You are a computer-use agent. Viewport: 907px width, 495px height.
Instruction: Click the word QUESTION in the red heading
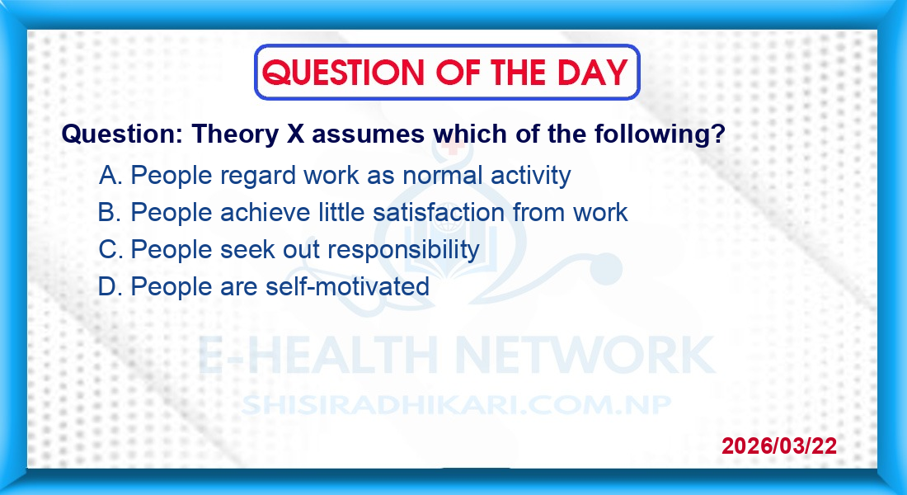343,73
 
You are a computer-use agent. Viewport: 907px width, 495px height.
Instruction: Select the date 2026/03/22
779,445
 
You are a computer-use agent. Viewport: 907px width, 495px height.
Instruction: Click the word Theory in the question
236,135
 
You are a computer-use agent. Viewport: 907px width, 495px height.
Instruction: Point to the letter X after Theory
295,134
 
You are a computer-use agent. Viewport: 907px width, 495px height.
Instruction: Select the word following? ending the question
660,134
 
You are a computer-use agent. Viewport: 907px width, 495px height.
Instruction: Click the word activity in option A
530,176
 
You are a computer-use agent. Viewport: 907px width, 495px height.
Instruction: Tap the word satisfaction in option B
439,213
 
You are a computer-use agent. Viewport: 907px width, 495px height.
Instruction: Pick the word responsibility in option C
404,250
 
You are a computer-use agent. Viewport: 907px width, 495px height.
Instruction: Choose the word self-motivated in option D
347,286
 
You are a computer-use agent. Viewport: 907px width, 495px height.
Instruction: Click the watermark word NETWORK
585,356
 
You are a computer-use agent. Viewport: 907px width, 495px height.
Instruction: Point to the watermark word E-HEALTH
317,356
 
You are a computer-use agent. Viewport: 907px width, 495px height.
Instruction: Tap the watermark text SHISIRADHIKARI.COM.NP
456,405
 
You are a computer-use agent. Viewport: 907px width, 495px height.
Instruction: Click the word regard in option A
258,176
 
